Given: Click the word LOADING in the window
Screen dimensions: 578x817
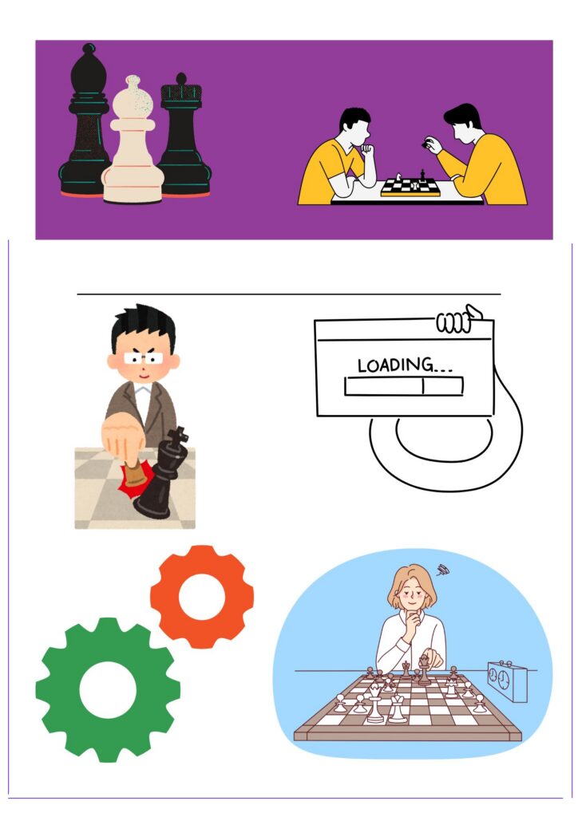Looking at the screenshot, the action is click(395, 365).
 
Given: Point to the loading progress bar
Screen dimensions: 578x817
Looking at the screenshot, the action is click(403, 386).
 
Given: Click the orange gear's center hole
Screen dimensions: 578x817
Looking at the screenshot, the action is click(202, 597).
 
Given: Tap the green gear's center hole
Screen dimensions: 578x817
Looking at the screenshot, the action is click(108, 690).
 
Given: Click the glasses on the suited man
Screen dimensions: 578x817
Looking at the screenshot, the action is click(144, 358).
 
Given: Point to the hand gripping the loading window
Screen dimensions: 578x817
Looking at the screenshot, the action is click(458, 319).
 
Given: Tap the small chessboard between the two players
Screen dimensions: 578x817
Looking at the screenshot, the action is click(410, 187).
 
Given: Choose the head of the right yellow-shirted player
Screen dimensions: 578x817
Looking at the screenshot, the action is click(462, 124).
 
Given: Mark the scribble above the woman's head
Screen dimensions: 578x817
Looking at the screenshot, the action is click(443, 570).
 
